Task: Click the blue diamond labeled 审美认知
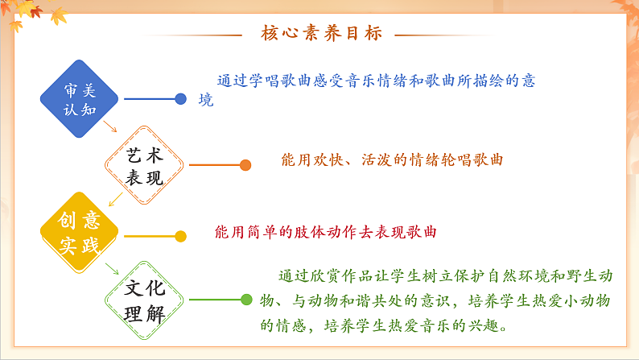tap(79, 99)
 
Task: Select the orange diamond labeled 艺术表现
tap(145, 166)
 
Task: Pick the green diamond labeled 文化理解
tap(145, 300)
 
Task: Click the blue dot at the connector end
tap(181, 99)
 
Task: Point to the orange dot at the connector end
tap(245, 165)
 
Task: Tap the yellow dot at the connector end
tap(181, 236)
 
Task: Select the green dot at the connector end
tap(246, 300)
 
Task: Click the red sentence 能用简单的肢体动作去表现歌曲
tap(326, 232)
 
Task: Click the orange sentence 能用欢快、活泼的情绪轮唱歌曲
tap(392, 159)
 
